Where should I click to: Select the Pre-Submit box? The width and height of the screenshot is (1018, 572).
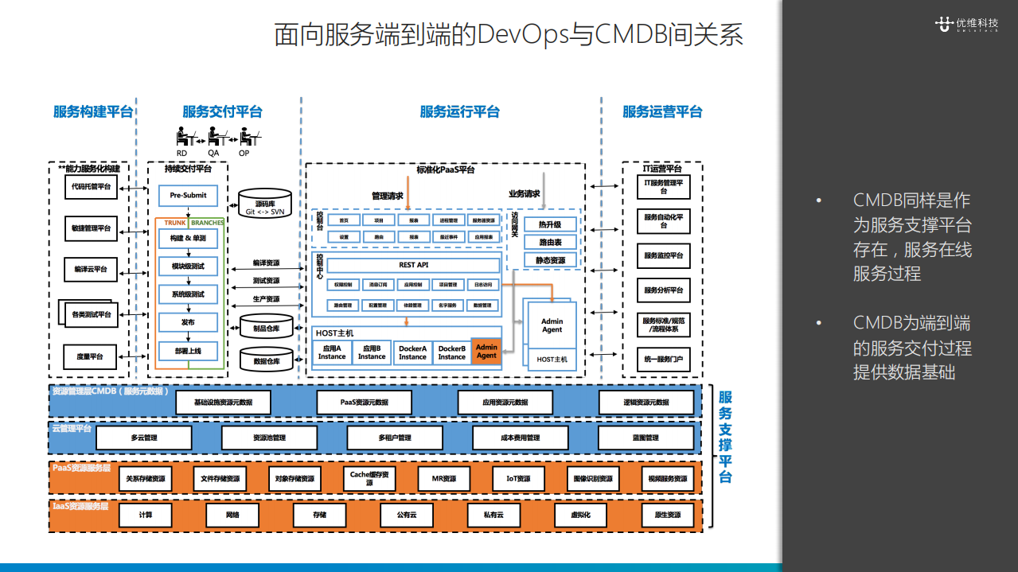click(x=188, y=195)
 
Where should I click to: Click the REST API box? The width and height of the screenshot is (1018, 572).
click(x=413, y=265)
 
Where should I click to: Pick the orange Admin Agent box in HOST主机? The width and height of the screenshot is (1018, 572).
click(x=486, y=351)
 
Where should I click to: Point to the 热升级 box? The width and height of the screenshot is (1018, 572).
click(x=550, y=225)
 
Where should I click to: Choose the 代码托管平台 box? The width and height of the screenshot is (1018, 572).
click(x=91, y=187)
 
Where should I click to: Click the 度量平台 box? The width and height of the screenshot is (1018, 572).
click(x=91, y=356)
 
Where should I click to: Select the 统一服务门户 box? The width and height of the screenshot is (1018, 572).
click(x=663, y=360)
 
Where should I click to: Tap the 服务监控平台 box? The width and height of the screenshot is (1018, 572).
click(x=663, y=256)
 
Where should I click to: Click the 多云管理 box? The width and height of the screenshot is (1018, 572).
click(x=144, y=438)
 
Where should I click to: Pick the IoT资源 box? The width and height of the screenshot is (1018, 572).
click(x=518, y=479)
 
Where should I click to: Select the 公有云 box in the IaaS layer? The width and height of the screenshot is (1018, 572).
click(x=407, y=515)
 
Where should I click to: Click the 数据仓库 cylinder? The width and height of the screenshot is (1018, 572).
click(x=267, y=361)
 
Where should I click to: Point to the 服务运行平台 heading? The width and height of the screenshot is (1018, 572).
click(x=459, y=112)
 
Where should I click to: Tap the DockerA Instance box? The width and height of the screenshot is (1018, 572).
click(x=412, y=352)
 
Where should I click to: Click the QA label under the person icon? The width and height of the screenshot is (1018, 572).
click(x=213, y=153)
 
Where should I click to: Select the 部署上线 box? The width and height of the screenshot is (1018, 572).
click(x=188, y=350)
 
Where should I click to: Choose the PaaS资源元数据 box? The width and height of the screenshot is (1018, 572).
click(x=365, y=403)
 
